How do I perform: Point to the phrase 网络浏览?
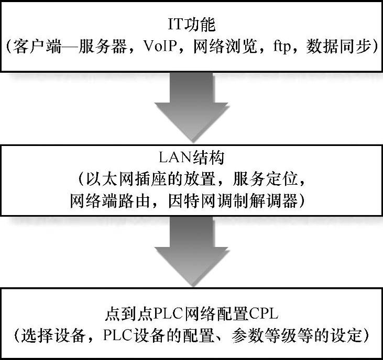click(x=215, y=47)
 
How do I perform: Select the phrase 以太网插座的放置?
click(x=144, y=180)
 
